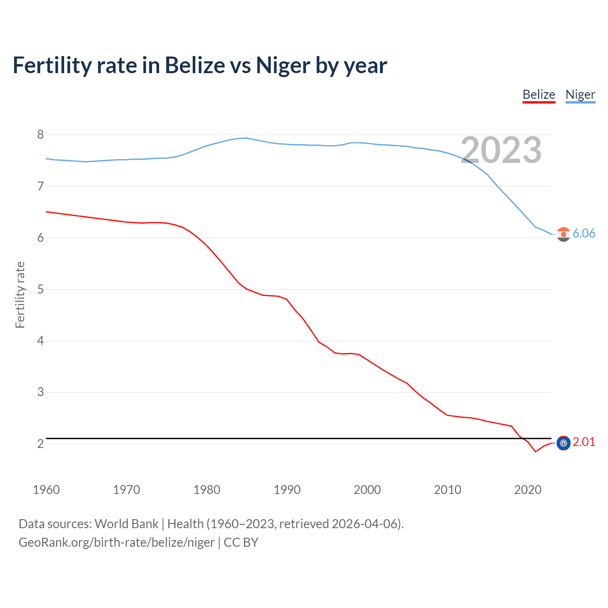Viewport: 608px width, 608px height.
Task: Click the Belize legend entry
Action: coord(539,95)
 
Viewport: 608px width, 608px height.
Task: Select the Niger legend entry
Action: coord(580,95)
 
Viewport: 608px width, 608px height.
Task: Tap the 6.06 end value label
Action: coord(584,233)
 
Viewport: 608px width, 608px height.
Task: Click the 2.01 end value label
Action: coord(584,442)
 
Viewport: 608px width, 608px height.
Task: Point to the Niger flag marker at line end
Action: coord(563,234)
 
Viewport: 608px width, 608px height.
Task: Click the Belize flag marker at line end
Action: coord(563,443)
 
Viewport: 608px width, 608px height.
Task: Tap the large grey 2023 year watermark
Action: coord(501,150)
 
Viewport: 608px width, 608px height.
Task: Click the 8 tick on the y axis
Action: coord(40,135)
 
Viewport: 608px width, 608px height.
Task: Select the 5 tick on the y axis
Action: coord(40,289)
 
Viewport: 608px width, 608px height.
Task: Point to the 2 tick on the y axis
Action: coord(40,444)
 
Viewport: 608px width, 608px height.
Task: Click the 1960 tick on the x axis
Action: coord(46,490)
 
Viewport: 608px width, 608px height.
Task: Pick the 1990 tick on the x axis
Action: coord(287,490)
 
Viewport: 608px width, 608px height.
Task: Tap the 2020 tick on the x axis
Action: coord(528,490)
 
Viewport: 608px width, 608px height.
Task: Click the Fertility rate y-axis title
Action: coord(20,294)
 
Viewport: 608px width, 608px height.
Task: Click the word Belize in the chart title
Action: coord(195,65)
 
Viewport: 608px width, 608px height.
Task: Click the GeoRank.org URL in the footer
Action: coord(116,542)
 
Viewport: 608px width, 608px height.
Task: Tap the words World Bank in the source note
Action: coord(126,524)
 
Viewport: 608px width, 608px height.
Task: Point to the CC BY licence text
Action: coord(241,542)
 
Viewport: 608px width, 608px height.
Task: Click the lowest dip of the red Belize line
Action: coord(535,451)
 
